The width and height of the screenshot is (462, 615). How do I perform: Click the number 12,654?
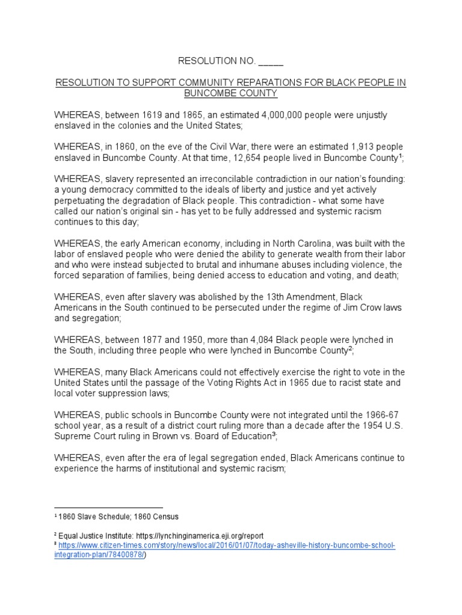point(258,158)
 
